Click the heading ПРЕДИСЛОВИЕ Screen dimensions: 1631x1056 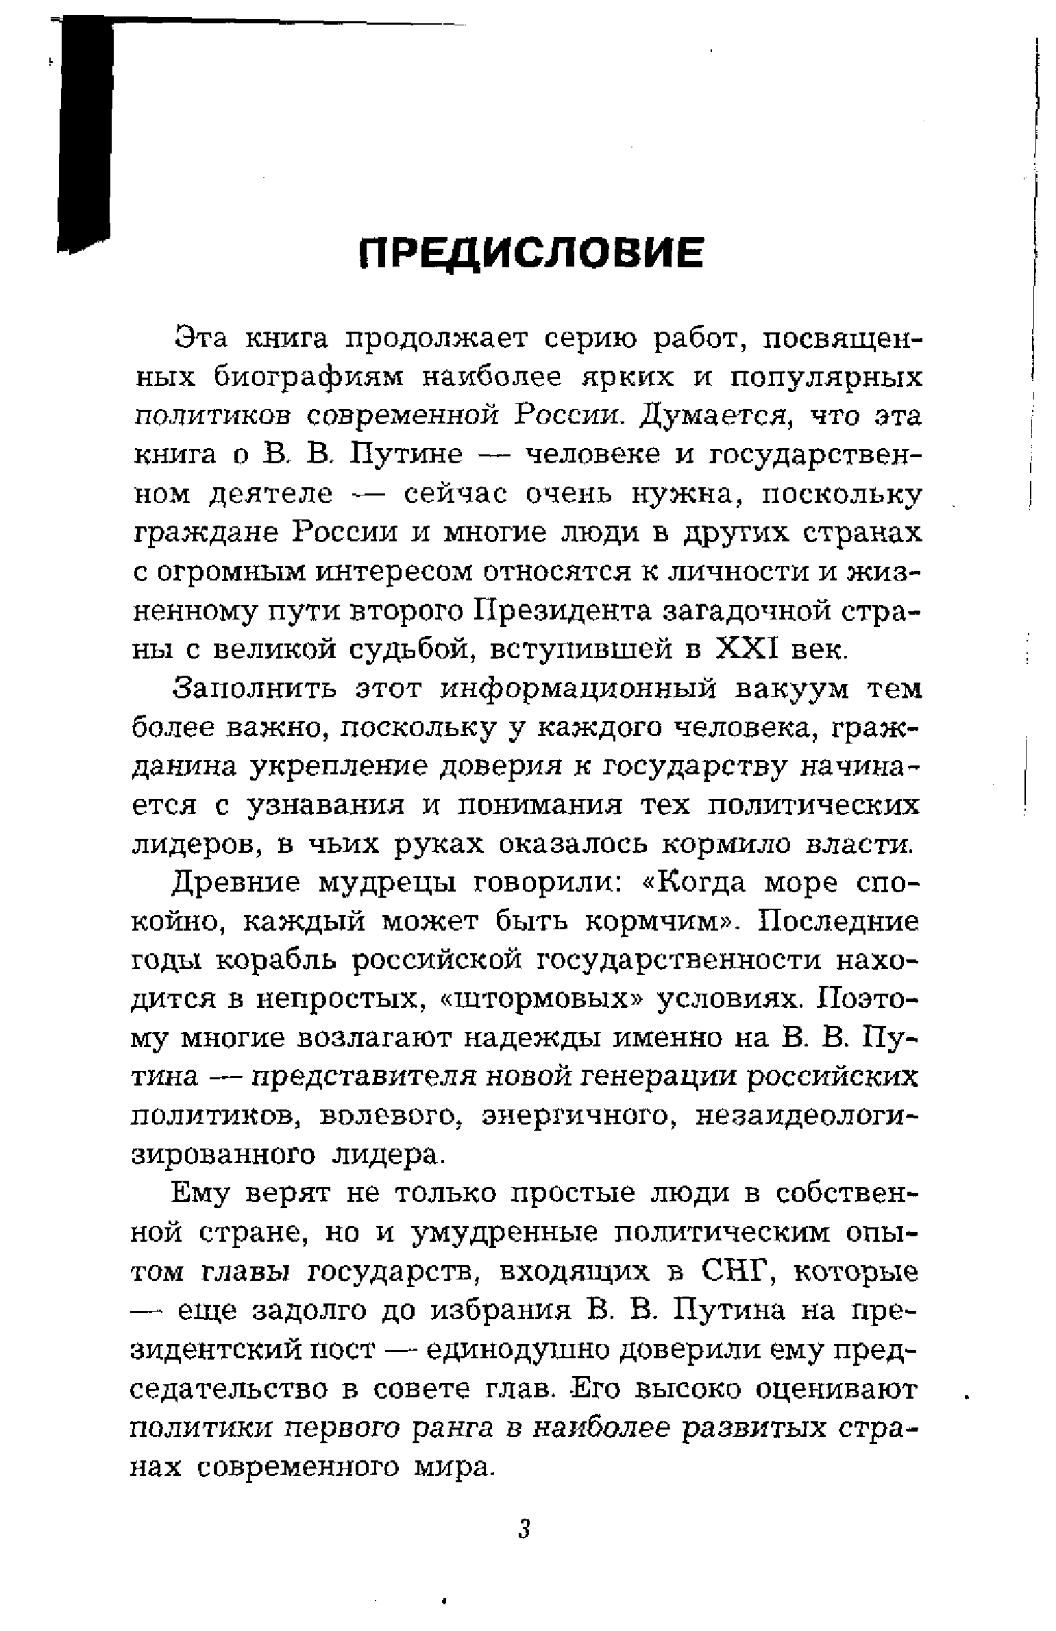532,253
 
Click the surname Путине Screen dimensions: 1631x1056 406,455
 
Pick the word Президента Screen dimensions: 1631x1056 562,609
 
